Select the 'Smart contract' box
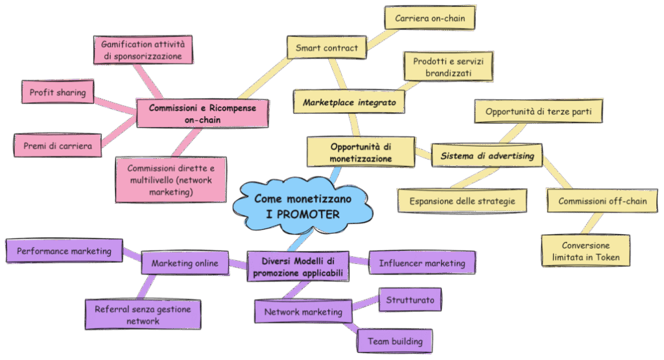coord(326,48)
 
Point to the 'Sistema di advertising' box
coord(487,156)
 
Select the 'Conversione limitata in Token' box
coord(586,251)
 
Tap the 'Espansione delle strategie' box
coord(462,201)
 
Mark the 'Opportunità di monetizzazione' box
coord(360,152)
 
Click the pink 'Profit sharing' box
coord(57,93)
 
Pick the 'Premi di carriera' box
coord(57,145)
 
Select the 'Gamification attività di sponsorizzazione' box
coord(143,51)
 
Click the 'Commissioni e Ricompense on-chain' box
coord(202,114)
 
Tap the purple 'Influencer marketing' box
coord(421,263)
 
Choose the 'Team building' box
coord(394,341)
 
